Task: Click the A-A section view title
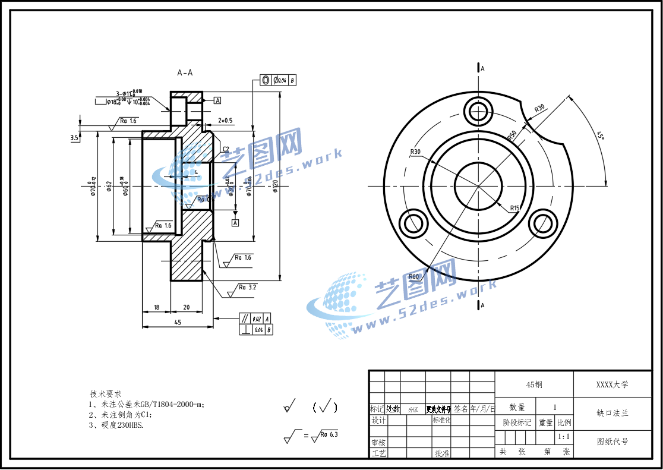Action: pos(185,72)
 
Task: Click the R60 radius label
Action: pos(414,276)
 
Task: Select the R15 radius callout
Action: pos(514,208)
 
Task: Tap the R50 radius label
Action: pos(512,135)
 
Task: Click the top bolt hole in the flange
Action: pos(479,111)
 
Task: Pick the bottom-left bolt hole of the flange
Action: pos(414,224)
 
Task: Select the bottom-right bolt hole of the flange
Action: pos(544,224)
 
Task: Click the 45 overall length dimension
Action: pos(178,322)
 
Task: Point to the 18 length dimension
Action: pos(156,307)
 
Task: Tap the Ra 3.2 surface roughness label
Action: pos(247,287)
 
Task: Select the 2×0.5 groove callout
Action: pos(225,120)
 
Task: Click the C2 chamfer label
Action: pos(226,149)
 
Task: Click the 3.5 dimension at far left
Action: pos(74,138)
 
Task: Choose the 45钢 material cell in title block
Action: pos(534,384)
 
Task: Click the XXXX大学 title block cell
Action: pos(612,384)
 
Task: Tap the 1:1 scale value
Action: pos(564,437)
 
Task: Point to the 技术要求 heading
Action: pos(106,394)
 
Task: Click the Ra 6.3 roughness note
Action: pos(329,434)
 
